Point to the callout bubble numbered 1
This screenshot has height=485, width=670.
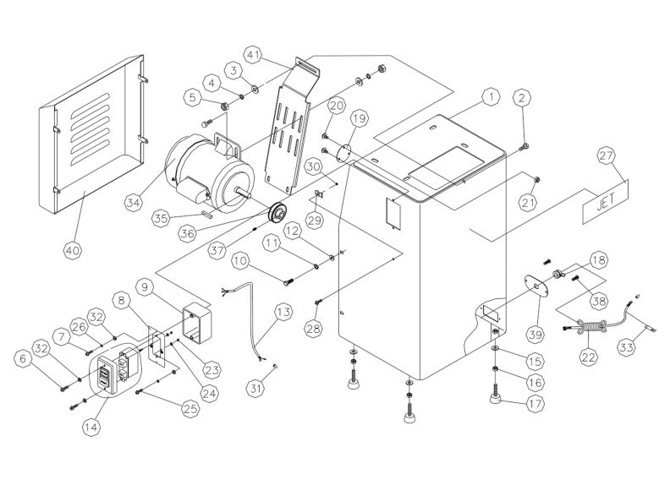tap(488, 98)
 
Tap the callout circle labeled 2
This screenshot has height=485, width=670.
tap(522, 98)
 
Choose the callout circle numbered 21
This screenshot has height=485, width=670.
tap(530, 203)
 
